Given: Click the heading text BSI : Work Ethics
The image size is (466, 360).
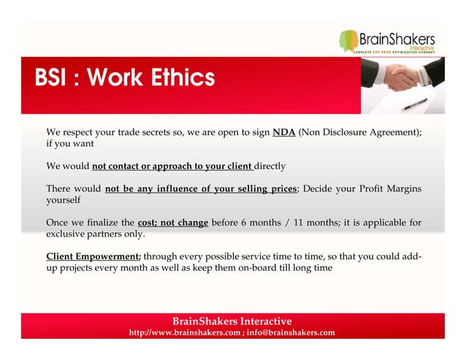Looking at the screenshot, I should (125, 77).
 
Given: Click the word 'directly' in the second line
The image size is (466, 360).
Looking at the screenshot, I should (270, 166).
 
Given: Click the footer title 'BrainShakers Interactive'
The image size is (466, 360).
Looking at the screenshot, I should (232, 321).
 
